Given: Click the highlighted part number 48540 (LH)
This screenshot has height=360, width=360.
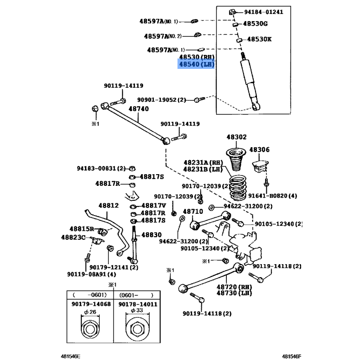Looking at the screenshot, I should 196,65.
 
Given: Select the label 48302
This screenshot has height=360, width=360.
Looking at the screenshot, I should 236,137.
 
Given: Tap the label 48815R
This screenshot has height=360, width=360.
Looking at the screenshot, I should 81,229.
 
